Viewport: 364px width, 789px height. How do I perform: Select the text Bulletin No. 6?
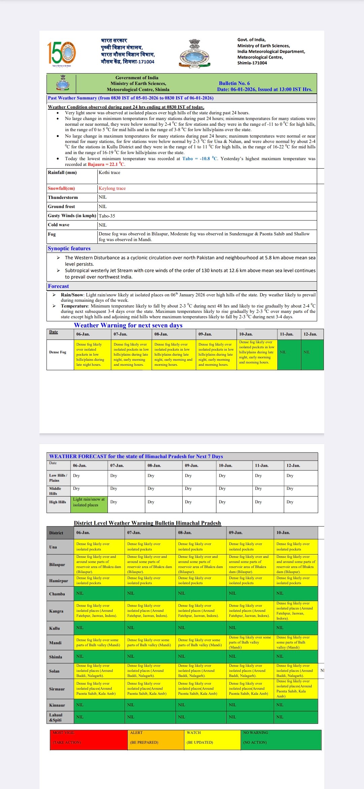pos(234,83)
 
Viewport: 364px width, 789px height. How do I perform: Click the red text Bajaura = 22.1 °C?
pos(106,165)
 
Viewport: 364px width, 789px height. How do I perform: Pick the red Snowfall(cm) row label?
pos(61,188)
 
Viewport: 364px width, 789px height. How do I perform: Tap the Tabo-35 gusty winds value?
pos(107,216)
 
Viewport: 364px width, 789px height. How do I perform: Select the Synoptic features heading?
pos(69,249)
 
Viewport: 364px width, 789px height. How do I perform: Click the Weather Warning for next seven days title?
pos(128,325)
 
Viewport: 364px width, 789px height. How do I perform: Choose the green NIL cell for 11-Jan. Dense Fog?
pos(289,352)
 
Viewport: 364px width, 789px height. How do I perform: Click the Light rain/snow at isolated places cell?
pos(89,502)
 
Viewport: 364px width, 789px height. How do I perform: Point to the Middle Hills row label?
pos(55,491)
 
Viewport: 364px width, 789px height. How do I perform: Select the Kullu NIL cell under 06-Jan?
pos(99,628)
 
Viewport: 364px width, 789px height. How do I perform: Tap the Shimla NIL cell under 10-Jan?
pos(296,656)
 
